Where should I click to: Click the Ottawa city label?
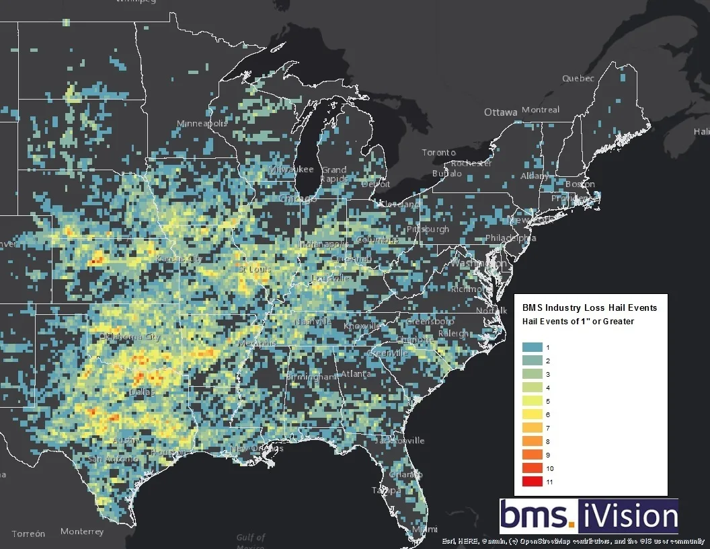coord(501,112)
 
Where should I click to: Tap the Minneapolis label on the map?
coord(202,124)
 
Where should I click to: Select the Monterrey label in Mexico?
coord(82,532)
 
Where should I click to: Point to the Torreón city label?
coord(28,534)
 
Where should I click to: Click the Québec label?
coord(578,79)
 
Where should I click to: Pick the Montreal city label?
coord(541,110)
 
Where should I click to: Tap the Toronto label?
coord(438,153)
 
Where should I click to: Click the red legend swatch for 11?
coord(533,481)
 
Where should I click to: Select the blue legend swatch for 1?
coord(533,346)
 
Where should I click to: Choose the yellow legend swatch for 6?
coord(533,414)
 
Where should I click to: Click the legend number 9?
coord(549,454)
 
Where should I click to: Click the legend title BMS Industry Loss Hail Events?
coord(590,307)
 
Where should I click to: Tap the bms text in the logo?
coord(536,517)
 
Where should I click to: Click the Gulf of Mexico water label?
coord(250,542)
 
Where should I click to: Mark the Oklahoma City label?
coord(130,337)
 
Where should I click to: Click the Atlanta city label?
coord(355,374)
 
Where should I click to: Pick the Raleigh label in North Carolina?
coord(455,334)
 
